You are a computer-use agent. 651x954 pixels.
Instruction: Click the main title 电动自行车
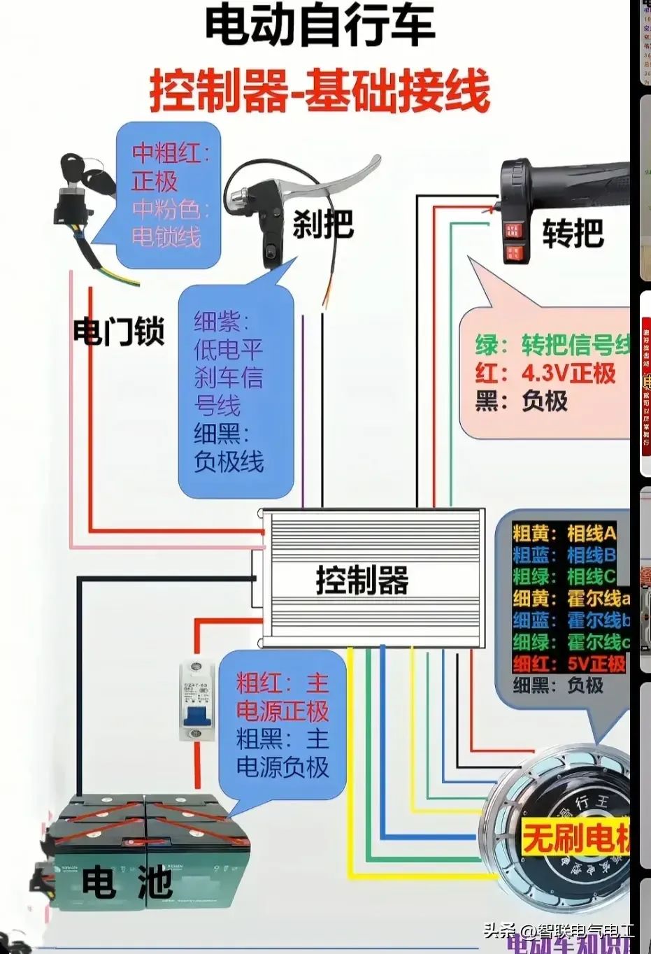tap(320, 27)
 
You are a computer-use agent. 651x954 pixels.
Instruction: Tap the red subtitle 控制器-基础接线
tap(320, 91)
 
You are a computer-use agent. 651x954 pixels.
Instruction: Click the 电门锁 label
tap(118, 331)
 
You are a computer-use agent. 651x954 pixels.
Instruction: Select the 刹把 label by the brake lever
tap(323, 225)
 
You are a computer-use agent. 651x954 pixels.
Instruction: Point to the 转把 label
tap(573, 232)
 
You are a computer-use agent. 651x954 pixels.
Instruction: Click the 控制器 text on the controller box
tap(362, 581)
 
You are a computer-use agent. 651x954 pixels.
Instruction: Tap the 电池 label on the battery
tap(127, 881)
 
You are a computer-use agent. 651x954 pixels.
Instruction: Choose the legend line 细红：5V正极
tap(568, 663)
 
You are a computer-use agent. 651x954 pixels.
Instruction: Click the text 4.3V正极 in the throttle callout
tap(568, 373)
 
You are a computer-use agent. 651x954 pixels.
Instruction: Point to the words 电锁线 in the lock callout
tap(166, 236)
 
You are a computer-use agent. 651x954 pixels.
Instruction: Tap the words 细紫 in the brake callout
tap(217, 322)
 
